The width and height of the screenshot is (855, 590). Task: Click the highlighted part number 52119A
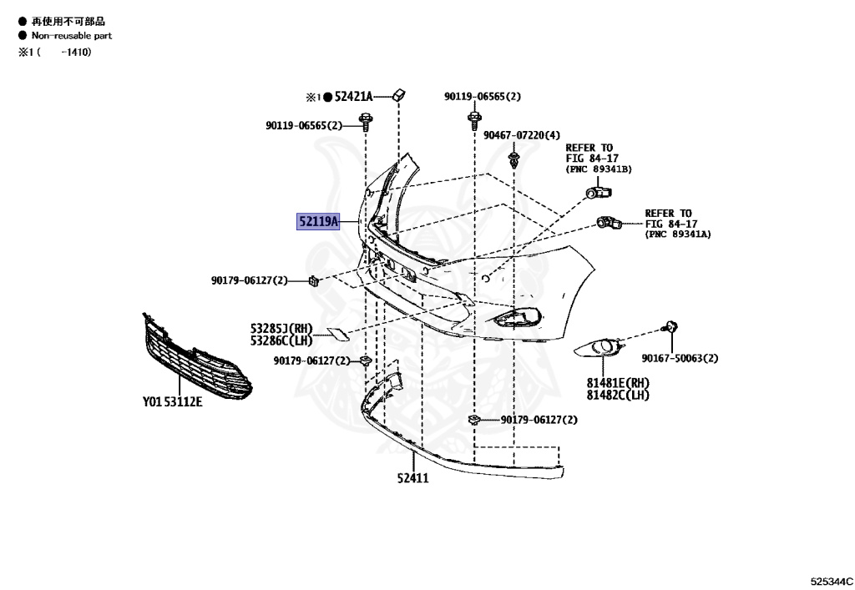318,222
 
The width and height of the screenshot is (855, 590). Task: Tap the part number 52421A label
353,97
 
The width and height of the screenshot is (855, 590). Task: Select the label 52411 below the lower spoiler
412,478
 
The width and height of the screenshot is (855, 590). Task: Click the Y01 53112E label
172,401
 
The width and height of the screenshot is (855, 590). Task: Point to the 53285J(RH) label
281,328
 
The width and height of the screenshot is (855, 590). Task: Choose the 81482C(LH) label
618,395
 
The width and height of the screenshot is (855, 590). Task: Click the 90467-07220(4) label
525,135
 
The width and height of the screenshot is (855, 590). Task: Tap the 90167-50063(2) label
680,358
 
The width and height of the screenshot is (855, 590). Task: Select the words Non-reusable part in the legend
71,36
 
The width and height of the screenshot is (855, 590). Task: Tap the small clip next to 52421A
398,95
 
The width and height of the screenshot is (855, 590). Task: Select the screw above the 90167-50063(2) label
669,328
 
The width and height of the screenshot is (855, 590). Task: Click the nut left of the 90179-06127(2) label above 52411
474,420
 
